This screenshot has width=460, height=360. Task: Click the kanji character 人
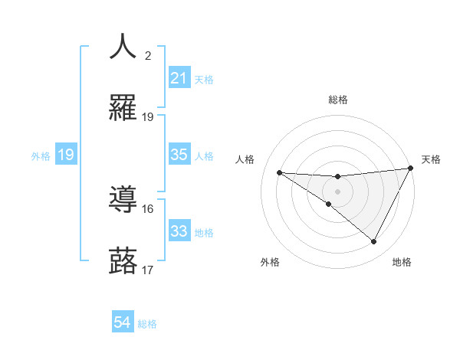tap(123, 46)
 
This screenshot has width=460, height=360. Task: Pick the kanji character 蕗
tap(123, 261)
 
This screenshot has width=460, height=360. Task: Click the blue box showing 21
tap(179, 77)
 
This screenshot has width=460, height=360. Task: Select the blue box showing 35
tap(179, 155)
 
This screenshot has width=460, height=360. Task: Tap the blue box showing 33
tap(179, 231)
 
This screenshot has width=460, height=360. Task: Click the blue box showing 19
tap(66, 155)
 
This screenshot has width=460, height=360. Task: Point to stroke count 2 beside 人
tap(148, 55)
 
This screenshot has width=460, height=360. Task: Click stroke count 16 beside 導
tap(148, 208)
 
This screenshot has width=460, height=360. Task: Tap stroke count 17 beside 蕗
tap(148, 270)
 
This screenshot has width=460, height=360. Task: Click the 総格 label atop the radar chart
tap(338, 100)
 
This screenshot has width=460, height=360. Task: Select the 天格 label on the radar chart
tap(432, 159)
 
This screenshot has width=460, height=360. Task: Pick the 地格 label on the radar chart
tap(402, 262)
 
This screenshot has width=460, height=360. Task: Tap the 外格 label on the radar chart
tap(270, 262)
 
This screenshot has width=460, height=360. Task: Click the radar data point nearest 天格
tap(411, 169)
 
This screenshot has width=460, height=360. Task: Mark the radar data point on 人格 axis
tap(279, 172)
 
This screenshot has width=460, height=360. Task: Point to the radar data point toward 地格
tap(374, 242)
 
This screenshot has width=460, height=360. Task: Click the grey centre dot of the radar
tap(337, 191)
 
